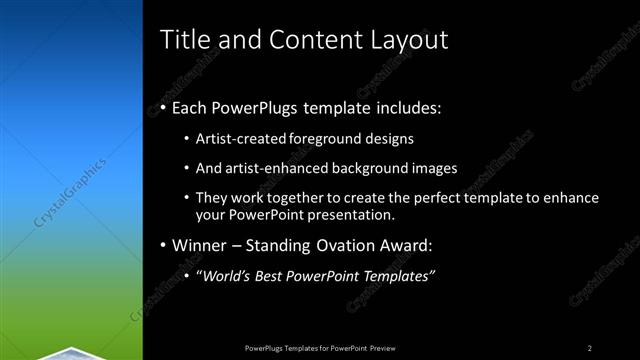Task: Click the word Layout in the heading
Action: tap(405, 40)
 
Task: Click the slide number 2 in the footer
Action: tap(590, 347)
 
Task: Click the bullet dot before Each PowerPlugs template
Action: tap(163, 108)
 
